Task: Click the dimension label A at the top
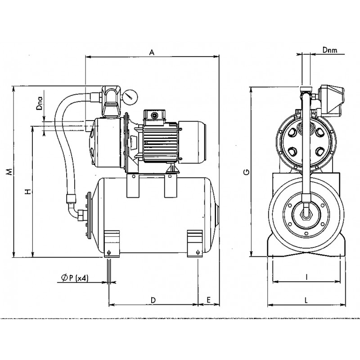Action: (152, 52)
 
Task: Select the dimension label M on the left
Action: (9, 172)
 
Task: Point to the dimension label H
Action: (28, 191)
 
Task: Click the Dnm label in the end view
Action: (330, 50)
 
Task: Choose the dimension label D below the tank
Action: (153, 300)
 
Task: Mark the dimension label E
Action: (208, 300)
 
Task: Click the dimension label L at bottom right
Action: (306, 300)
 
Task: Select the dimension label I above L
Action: (306, 277)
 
